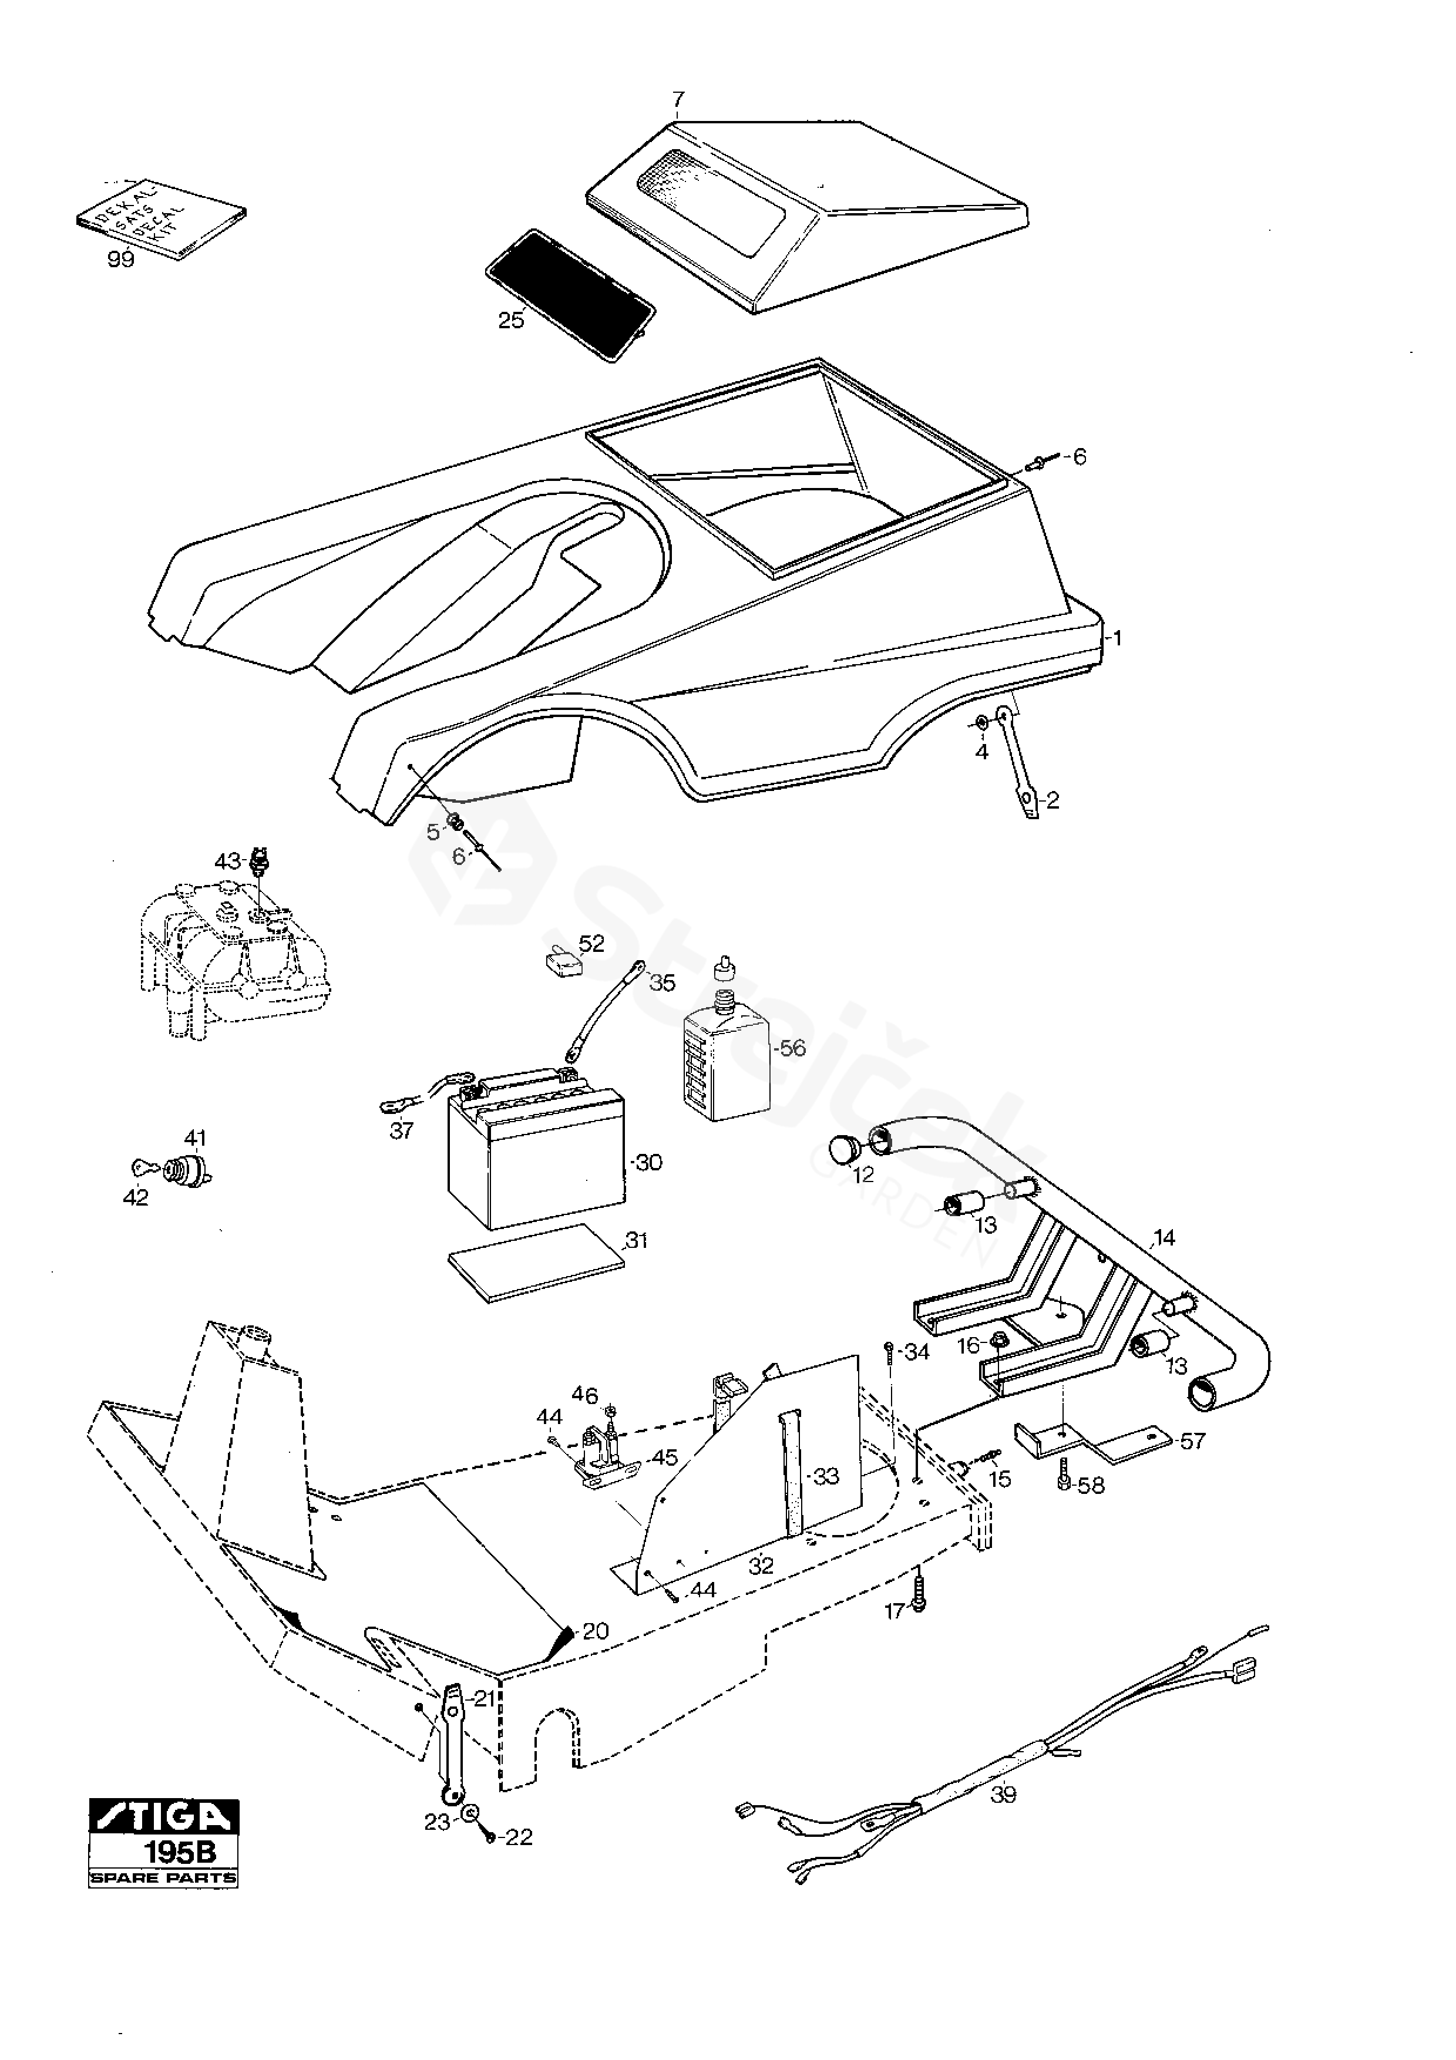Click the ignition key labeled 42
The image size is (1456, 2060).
[x=144, y=1167]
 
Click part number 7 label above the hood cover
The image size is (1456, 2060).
[x=678, y=100]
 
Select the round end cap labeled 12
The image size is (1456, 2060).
[x=845, y=1149]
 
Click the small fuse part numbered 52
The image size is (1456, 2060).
[x=563, y=964]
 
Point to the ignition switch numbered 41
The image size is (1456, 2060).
[x=189, y=1172]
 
